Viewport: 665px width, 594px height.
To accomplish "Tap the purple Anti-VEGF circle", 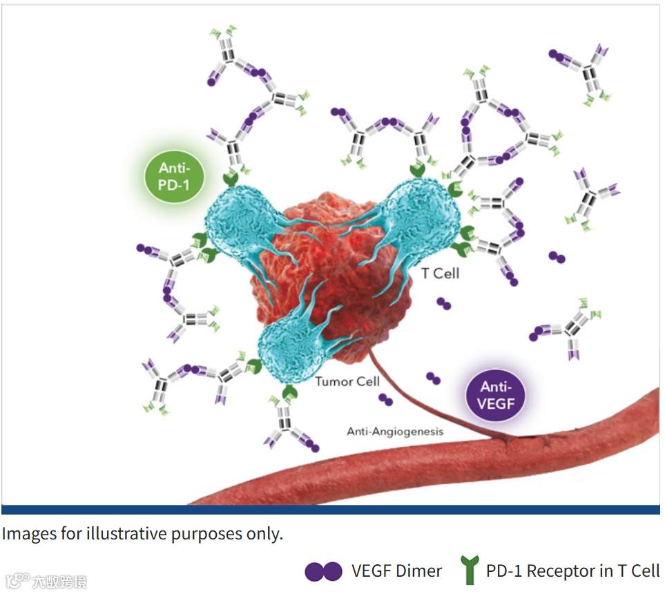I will (x=497, y=394).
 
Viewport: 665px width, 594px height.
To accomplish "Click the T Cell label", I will (x=440, y=274).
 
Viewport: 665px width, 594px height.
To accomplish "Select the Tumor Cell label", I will (x=347, y=382).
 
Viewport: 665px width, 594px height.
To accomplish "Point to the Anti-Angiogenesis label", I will (x=394, y=432).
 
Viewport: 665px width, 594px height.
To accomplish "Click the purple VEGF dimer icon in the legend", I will (x=323, y=571).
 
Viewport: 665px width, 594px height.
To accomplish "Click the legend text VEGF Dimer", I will (x=396, y=571).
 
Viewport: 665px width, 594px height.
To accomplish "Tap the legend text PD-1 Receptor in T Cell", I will (x=572, y=571).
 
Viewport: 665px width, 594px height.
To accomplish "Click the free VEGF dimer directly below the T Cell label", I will (x=444, y=304).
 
